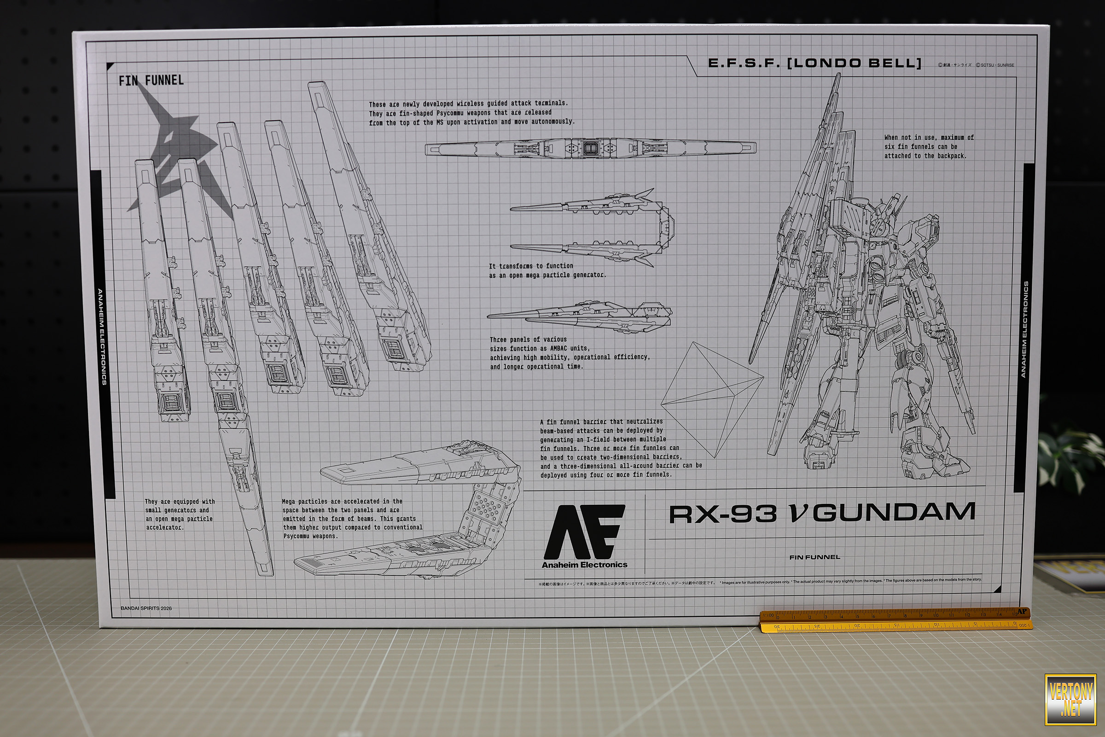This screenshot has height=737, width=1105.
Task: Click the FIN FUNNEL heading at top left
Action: pos(151,80)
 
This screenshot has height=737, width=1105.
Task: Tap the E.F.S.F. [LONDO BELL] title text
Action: pos(814,63)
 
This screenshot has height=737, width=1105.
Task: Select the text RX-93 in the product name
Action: pos(722,514)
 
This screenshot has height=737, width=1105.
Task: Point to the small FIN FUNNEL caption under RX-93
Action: pos(814,557)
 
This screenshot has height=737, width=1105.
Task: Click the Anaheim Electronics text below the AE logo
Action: pos(584,565)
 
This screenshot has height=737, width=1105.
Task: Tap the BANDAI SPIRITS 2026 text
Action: pos(146,608)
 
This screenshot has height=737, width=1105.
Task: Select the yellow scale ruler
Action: pos(895,620)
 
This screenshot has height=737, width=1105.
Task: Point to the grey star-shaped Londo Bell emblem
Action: pos(174,141)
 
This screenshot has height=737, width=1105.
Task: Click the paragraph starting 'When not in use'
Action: pos(929,146)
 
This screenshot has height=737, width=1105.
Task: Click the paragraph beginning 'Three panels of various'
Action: pos(570,352)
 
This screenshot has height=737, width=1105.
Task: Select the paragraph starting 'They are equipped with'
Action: pos(180,514)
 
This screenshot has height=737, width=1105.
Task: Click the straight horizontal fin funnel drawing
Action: pos(590,148)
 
